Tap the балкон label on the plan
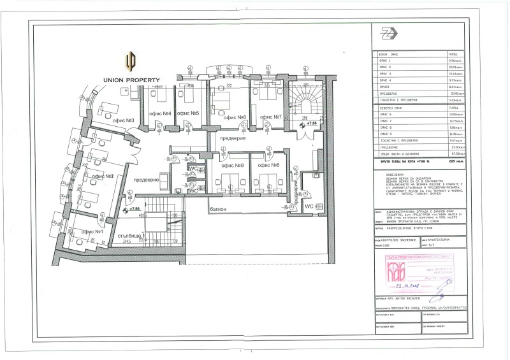tap(219, 209)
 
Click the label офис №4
tap(161, 113)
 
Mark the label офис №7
tap(269, 117)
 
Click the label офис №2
tap(102, 176)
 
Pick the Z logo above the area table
tap(386, 34)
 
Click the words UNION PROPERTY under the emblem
tap(132, 80)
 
